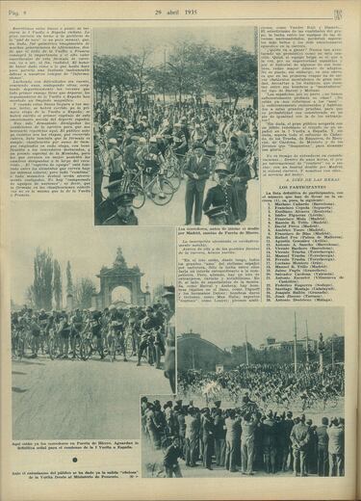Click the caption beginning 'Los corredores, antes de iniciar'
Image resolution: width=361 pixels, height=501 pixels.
(217, 231)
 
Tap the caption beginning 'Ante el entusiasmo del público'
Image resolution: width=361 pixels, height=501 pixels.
(91, 473)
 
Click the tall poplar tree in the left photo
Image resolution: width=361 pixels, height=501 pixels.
(39, 279)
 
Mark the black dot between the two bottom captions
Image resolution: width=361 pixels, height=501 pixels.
(92, 463)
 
